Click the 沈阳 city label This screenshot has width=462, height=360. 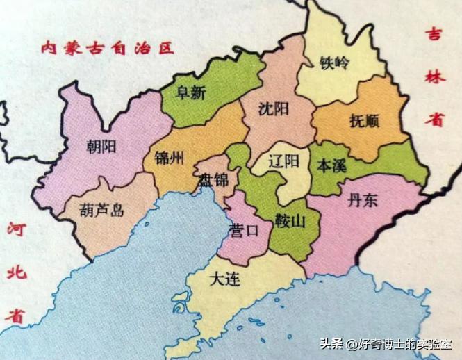(273, 109)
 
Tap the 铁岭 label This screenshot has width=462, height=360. (334, 63)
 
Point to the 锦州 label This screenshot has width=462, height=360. (170, 157)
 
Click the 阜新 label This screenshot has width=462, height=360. (191, 93)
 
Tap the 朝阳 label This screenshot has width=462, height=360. (102, 146)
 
